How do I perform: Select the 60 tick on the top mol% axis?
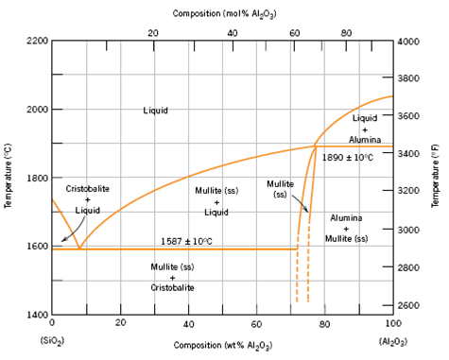tap(295, 33)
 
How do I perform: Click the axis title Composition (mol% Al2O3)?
tap(223, 14)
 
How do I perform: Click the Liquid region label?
tap(156, 111)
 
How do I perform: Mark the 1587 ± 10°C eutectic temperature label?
tap(185, 241)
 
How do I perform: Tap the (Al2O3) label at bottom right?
tap(392, 339)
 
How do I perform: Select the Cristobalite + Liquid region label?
tap(87, 199)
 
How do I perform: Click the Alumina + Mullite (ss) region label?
tap(346, 229)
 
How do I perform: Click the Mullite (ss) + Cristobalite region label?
tap(172, 277)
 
